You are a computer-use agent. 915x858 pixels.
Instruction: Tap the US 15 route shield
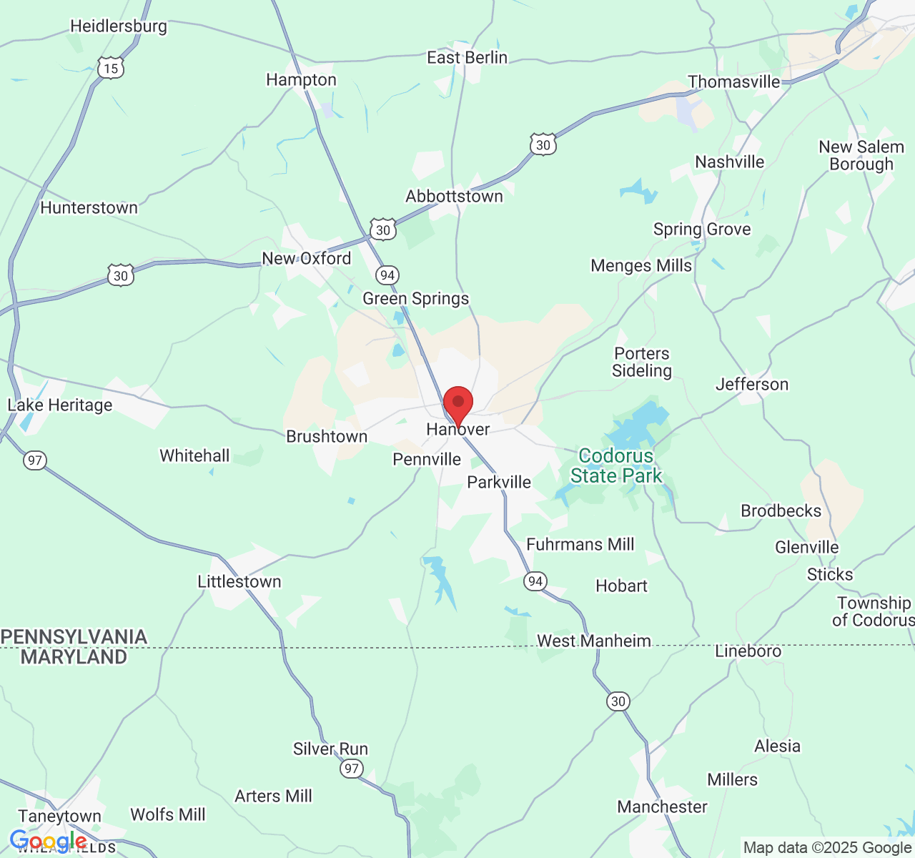click(111, 68)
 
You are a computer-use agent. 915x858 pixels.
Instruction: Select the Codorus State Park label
click(616, 465)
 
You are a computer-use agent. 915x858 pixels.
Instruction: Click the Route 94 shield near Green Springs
click(387, 275)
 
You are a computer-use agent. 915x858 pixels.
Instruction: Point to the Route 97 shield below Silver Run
click(351, 769)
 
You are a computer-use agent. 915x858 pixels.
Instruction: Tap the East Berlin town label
click(467, 57)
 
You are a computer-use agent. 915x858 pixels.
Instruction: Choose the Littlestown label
click(239, 581)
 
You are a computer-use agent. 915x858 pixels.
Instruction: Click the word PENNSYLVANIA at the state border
click(74, 636)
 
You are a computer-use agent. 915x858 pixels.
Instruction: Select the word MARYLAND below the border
click(74, 656)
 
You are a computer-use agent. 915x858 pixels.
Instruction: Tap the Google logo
click(48, 842)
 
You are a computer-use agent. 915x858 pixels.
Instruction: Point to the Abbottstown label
click(454, 196)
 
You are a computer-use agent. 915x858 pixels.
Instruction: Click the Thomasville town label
click(733, 82)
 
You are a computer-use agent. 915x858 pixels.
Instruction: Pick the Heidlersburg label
click(119, 26)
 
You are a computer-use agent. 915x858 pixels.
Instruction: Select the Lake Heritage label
click(60, 405)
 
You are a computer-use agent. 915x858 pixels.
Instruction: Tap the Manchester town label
click(662, 807)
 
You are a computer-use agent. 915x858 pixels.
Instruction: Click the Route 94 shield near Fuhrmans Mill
click(535, 581)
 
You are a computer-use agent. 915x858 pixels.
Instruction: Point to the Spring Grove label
click(702, 229)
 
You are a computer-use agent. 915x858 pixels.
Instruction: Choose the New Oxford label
click(307, 258)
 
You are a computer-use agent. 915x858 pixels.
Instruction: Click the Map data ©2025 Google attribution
click(827, 847)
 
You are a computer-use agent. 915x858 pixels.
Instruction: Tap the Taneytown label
click(60, 816)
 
